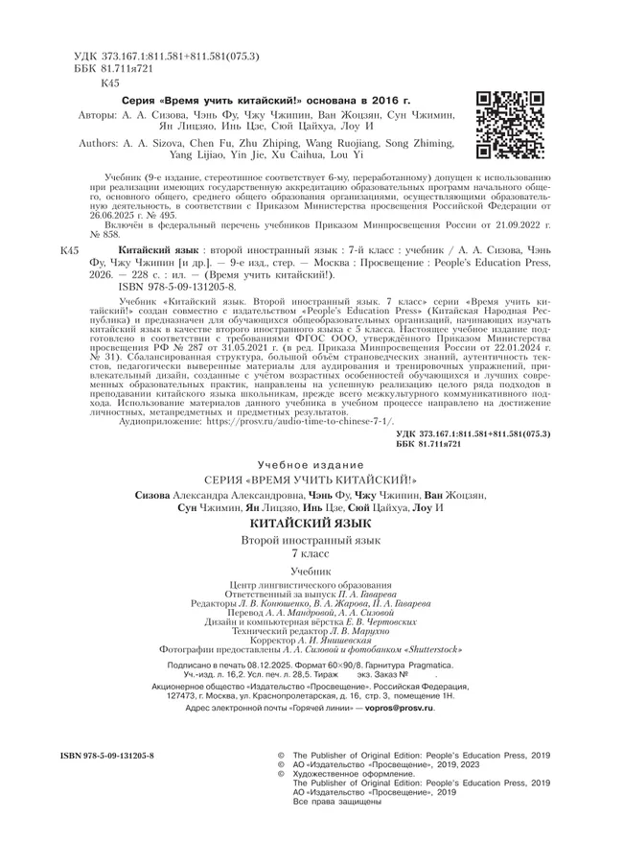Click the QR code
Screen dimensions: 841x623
point(511,125)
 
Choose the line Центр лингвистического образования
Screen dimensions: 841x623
point(311,585)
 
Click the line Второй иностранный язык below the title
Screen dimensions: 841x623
point(311,542)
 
